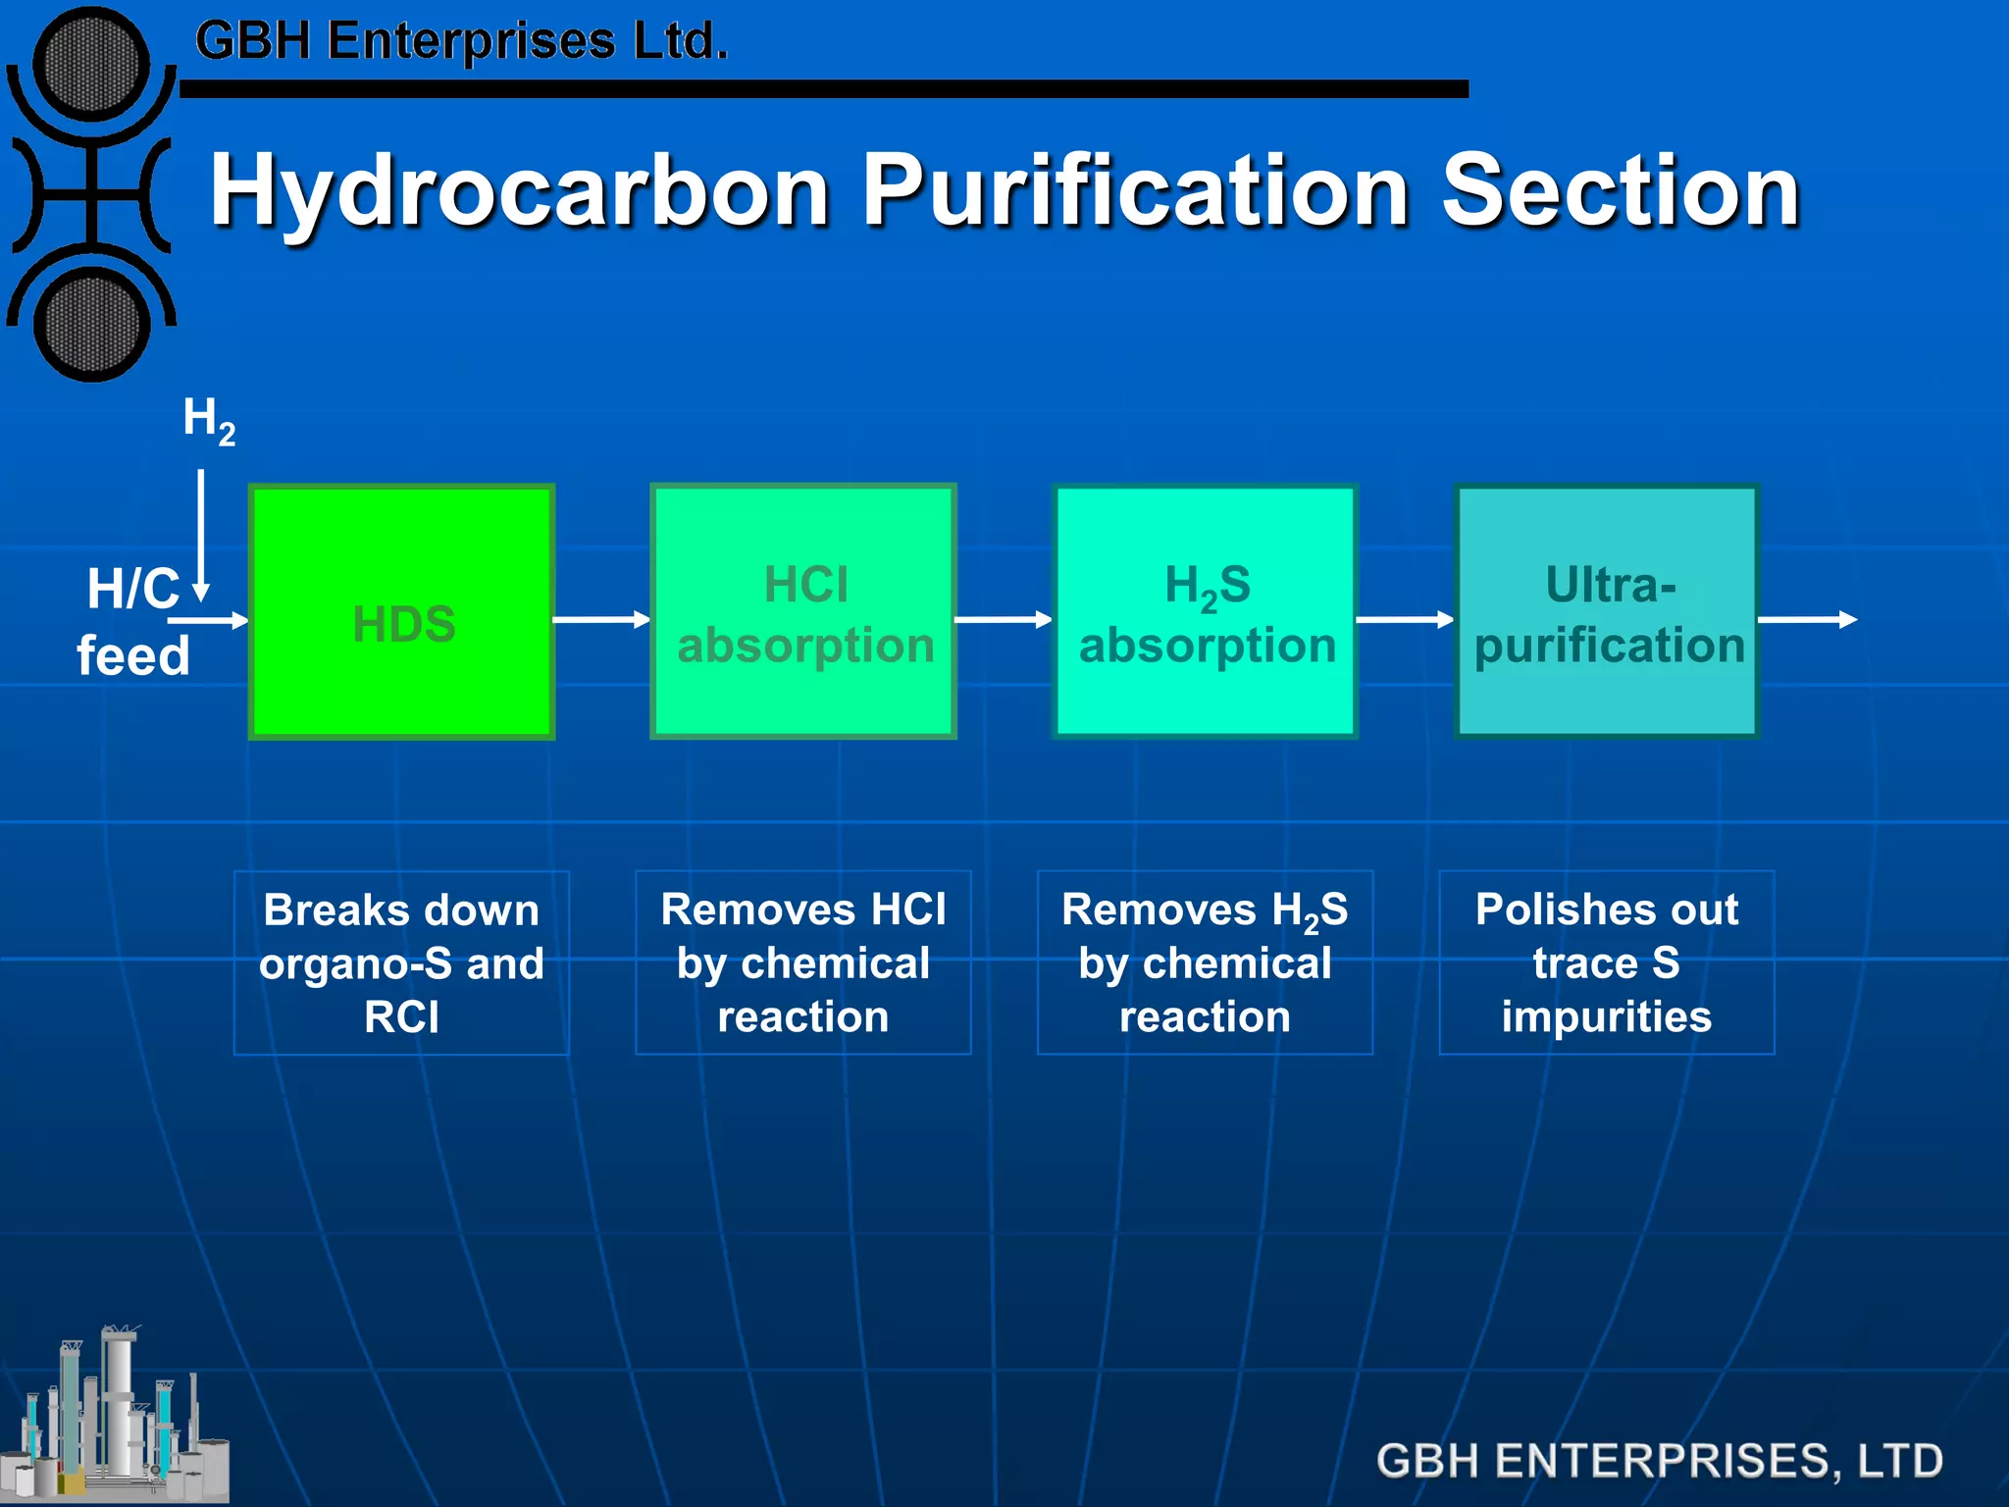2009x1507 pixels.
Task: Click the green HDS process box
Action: (x=402, y=612)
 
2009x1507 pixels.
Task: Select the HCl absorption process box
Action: (x=803, y=612)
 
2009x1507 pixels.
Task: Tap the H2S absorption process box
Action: (x=1205, y=612)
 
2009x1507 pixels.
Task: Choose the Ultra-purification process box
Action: (x=1607, y=612)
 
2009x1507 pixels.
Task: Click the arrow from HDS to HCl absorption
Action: (x=601, y=619)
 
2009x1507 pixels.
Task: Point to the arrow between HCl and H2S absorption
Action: (x=1003, y=619)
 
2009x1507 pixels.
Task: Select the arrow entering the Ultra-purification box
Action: (x=1404, y=619)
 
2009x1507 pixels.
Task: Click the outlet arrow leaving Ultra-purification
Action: (x=1807, y=619)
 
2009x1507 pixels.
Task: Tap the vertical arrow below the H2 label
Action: (x=201, y=535)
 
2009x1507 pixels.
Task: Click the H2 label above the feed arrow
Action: (x=208, y=420)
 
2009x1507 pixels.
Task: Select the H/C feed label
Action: (x=132, y=622)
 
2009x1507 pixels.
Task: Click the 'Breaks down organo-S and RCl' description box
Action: (x=401, y=962)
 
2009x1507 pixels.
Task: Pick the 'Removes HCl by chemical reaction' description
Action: (x=803, y=962)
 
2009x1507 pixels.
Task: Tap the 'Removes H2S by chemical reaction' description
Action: (x=1205, y=962)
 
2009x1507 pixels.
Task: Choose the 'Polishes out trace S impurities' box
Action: (x=1607, y=962)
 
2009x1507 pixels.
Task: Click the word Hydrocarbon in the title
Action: (x=520, y=191)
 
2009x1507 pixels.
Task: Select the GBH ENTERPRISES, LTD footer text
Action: (x=1659, y=1460)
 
